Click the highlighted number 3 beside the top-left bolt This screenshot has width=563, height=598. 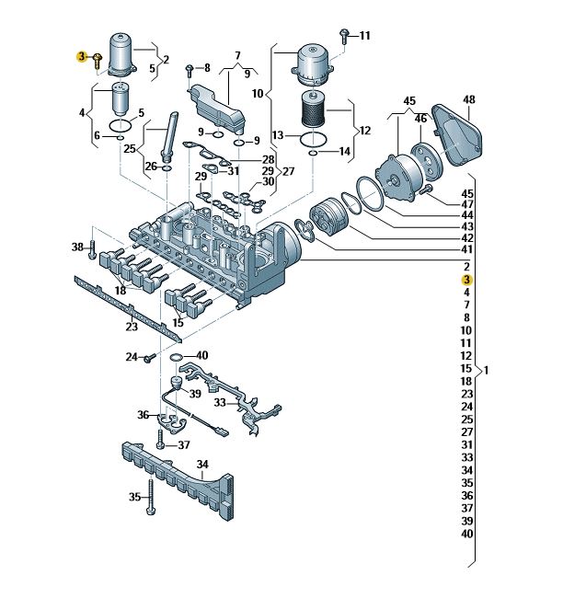(82, 57)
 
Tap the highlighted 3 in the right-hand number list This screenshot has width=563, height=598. (466, 279)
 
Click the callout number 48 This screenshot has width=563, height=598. (468, 99)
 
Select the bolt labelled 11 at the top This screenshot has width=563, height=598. (342, 36)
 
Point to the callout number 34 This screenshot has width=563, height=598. (203, 464)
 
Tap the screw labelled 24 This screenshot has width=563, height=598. (145, 357)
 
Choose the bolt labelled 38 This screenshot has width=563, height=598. (92, 247)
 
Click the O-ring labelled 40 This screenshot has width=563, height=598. (176, 355)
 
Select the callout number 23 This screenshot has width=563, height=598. (132, 327)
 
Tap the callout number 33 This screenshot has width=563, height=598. (220, 402)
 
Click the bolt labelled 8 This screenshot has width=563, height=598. (190, 69)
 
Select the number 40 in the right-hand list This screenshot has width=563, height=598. (466, 535)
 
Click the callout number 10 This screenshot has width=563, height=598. (258, 92)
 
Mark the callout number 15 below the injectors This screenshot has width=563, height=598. (178, 323)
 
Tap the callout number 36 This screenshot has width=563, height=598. (144, 415)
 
